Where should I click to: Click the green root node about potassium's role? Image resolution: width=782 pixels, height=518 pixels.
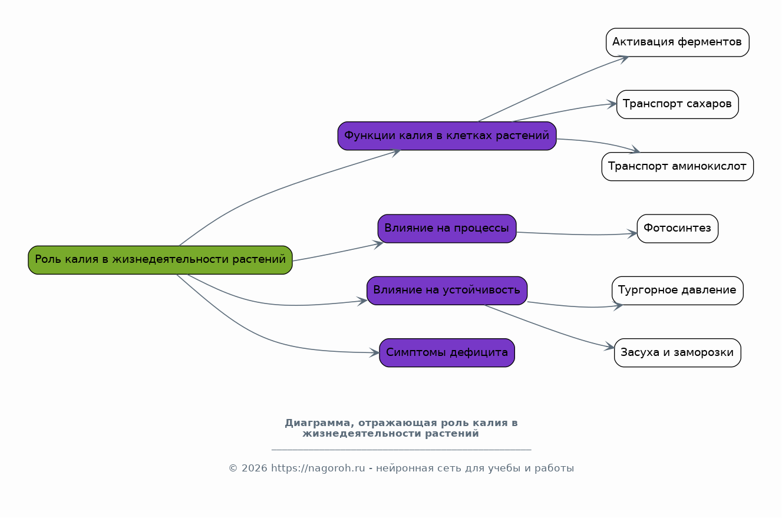point(160,260)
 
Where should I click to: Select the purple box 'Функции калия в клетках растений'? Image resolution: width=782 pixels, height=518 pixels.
point(447,136)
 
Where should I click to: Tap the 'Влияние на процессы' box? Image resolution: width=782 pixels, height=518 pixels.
point(447,229)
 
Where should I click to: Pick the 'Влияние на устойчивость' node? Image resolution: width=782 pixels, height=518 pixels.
point(447,291)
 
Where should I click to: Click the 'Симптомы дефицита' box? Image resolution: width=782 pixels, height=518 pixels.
point(447,352)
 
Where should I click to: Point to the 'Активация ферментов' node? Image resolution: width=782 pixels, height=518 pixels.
point(678,42)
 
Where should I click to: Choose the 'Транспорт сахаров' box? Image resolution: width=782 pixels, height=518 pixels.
point(678,105)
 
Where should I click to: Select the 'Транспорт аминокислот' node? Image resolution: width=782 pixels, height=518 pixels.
point(678,167)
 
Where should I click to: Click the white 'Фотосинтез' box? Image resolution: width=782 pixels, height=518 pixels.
point(678,229)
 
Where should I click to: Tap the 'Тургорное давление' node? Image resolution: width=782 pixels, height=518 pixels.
point(678,291)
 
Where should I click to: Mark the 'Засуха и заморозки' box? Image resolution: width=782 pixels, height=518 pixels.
point(678,352)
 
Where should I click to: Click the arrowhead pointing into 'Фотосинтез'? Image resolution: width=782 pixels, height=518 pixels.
point(632,233)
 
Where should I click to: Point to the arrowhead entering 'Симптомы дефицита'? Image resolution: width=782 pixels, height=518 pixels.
point(375,352)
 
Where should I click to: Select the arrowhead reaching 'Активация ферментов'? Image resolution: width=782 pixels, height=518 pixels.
point(623,59)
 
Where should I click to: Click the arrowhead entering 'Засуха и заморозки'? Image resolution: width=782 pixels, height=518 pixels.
point(609,347)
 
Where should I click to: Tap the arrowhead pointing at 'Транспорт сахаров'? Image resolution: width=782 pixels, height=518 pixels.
point(612,104)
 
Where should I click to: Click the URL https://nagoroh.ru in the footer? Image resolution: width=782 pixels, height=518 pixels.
point(318,468)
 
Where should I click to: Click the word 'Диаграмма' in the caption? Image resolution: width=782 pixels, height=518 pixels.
point(317,423)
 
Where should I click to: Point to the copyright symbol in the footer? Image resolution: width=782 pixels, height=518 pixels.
point(233,468)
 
